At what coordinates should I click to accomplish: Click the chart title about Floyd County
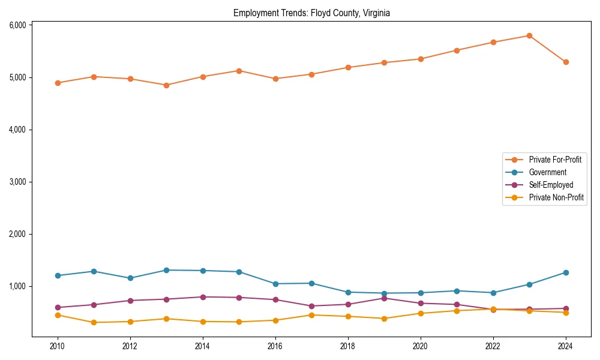[x=311, y=13]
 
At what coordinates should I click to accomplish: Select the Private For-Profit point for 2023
[x=529, y=36]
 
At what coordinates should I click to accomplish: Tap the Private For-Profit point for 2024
[x=566, y=62]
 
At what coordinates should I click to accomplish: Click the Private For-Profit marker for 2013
[x=166, y=85]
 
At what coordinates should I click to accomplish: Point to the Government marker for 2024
[x=566, y=272]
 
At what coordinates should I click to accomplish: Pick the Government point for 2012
[x=130, y=278]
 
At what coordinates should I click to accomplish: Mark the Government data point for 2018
[x=348, y=292]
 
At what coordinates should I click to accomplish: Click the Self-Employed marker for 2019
[x=384, y=298]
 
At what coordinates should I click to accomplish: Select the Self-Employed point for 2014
[x=203, y=297]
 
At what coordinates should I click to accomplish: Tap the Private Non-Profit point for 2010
[x=58, y=315]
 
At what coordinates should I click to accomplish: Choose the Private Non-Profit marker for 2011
[x=94, y=323]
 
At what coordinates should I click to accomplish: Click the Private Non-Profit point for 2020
[x=421, y=313]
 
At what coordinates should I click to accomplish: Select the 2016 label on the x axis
[x=275, y=346]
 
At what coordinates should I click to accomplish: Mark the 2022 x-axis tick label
[x=493, y=346]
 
